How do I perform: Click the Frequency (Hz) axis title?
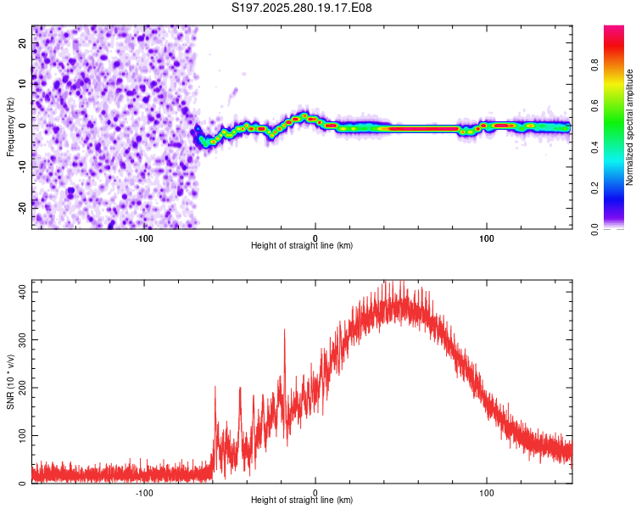[10, 127]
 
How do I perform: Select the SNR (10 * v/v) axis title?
[10, 381]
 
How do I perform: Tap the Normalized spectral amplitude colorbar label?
[629, 127]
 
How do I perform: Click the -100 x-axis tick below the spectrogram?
[144, 238]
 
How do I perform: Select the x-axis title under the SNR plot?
[302, 501]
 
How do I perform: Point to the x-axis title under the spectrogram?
[302, 246]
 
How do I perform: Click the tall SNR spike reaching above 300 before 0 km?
[284, 331]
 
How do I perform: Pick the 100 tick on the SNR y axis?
[20, 435]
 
